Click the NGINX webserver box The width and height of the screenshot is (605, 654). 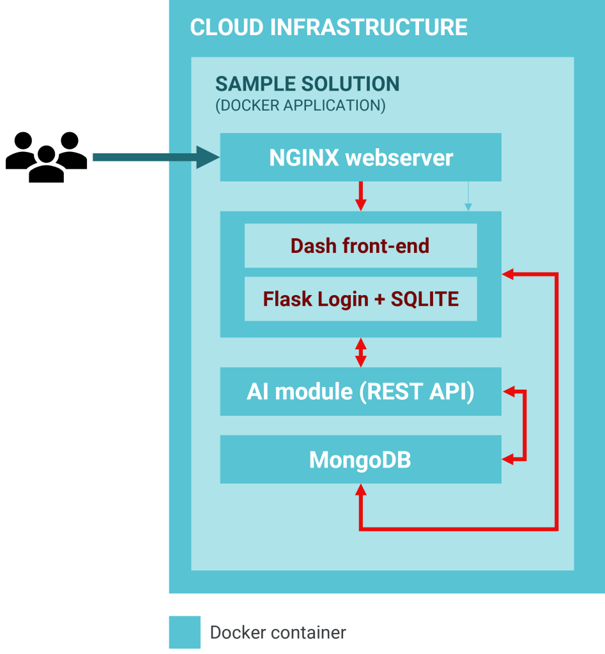[360, 158]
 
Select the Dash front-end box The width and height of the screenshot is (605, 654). [360, 246]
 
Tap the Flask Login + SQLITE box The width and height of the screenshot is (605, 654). [360, 299]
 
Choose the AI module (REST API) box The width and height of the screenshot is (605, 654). [360, 392]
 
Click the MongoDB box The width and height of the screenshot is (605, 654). [360, 460]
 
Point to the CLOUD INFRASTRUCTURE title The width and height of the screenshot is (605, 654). [329, 27]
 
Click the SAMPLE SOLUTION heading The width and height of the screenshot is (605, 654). [307, 84]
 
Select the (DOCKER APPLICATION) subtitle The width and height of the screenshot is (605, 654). [300, 105]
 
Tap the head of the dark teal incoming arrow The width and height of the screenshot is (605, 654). [208, 157]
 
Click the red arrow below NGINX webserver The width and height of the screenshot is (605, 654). [361, 196]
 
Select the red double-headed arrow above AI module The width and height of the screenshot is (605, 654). [361, 353]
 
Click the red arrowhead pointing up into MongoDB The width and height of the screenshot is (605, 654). [361, 490]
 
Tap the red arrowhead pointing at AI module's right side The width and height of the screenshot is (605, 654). [509, 392]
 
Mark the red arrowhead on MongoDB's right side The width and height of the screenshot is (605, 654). [509, 459]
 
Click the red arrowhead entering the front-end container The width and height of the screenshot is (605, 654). [509, 274]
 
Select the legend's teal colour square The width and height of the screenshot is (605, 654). [185, 632]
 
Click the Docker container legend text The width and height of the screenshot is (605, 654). [278, 633]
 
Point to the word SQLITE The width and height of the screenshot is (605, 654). [425, 299]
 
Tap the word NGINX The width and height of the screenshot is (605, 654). [304, 158]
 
